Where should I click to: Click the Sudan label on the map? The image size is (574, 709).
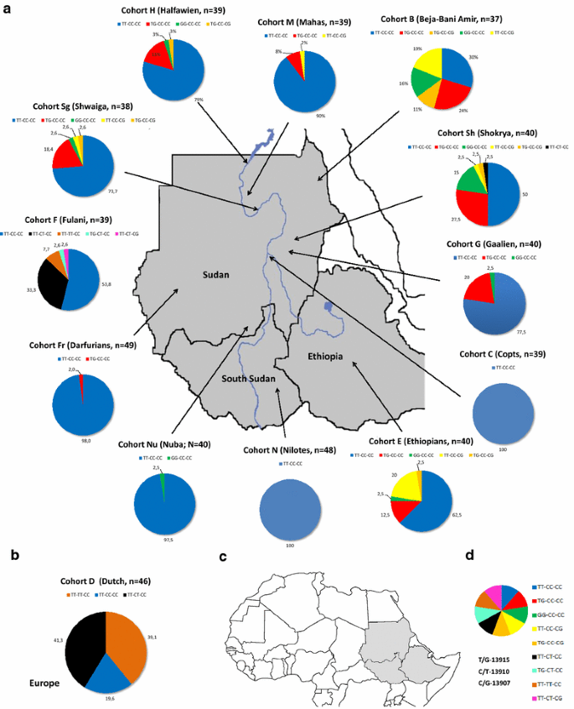coord(217,274)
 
